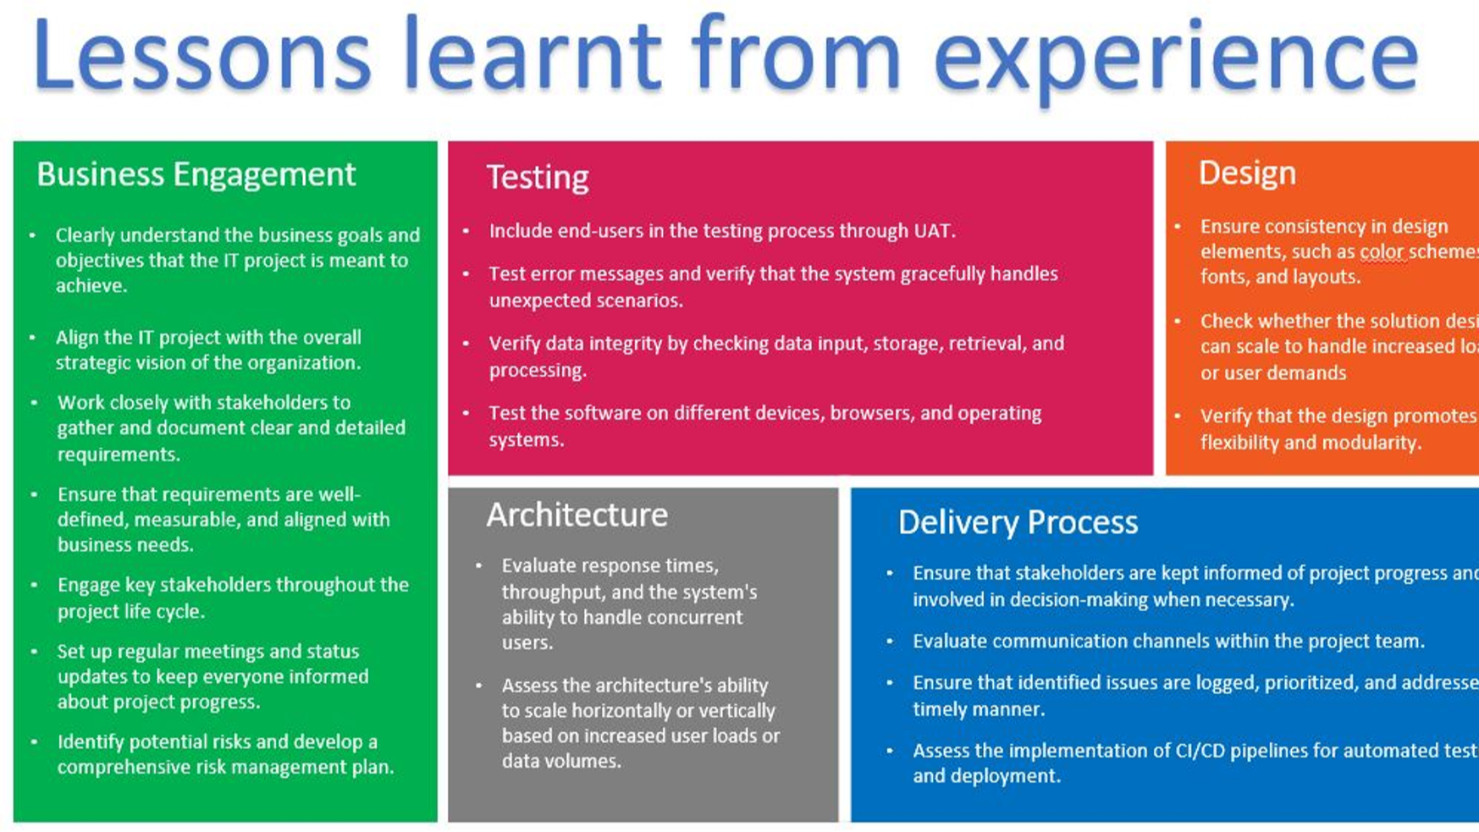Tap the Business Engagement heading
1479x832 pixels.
tap(196, 174)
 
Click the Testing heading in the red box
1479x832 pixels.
tap(538, 178)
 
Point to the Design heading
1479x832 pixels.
tap(1247, 174)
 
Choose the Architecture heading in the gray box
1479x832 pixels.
tap(577, 515)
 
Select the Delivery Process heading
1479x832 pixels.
tap(1018, 522)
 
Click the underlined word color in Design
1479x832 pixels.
tap(1382, 252)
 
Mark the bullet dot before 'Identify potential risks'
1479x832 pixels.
tap(34, 742)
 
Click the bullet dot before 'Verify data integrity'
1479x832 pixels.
tap(466, 344)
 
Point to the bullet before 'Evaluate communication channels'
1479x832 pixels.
tap(890, 642)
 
